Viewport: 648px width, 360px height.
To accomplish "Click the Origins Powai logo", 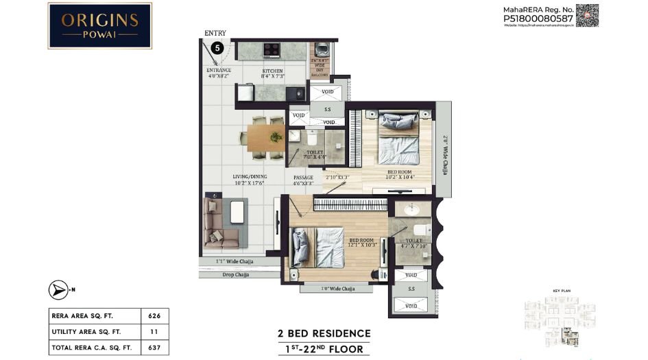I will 99,25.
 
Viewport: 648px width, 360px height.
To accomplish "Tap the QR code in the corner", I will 587,15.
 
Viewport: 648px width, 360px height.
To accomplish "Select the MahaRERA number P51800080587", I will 538,19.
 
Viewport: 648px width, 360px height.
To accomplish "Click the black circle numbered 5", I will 217,48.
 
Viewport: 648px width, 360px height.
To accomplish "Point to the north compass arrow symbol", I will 58,290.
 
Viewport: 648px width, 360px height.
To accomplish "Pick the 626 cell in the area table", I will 154,316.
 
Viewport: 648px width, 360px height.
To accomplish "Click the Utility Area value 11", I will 154,332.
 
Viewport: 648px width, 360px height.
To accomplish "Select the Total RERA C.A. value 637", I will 154,348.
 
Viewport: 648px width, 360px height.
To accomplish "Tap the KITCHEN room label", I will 272,71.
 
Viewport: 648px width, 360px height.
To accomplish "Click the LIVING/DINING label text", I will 249,176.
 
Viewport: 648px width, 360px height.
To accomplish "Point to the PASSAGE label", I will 303,177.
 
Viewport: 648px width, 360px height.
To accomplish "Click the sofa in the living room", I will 221,221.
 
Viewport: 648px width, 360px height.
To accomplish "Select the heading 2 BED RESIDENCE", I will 324,334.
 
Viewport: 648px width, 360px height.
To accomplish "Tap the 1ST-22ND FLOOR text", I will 324,349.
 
